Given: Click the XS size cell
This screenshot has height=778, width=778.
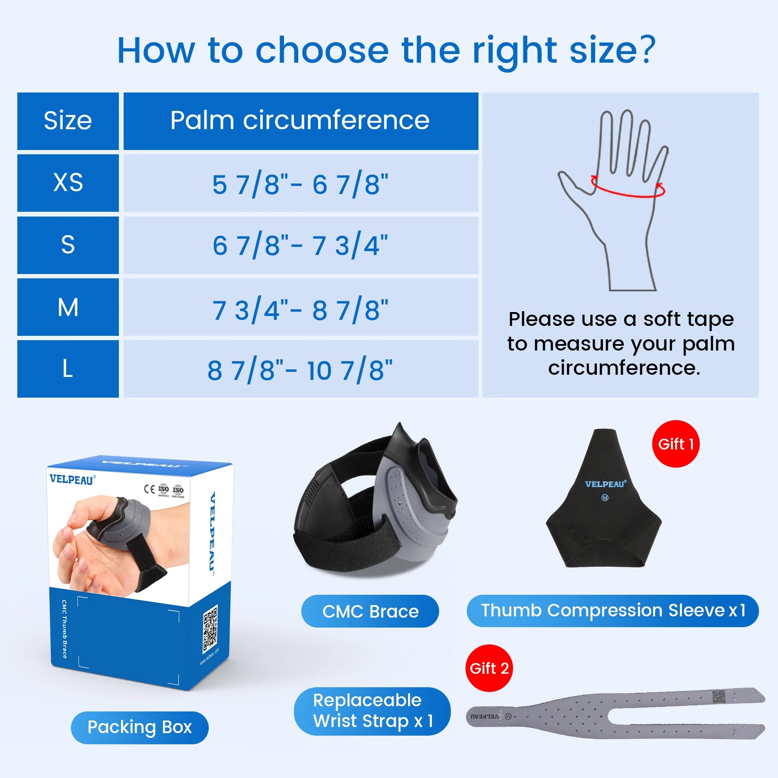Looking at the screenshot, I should (x=68, y=183).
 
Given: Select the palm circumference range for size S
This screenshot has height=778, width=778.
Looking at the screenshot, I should (x=300, y=245).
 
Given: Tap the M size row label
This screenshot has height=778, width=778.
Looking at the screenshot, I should (x=68, y=307).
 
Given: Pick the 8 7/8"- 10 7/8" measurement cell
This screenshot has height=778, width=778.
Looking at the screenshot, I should (x=300, y=369).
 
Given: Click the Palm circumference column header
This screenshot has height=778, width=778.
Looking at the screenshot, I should (x=300, y=121).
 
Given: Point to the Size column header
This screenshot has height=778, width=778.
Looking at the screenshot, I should (x=68, y=121).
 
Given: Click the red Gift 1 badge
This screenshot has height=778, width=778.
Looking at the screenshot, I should (x=676, y=444).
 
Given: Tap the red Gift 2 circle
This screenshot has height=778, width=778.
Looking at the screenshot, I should (x=489, y=668).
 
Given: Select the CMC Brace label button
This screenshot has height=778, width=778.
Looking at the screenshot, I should (x=370, y=611).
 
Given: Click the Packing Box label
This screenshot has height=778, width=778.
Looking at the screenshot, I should (x=140, y=727).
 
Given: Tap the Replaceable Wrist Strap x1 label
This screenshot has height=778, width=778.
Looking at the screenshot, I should (x=372, y=711).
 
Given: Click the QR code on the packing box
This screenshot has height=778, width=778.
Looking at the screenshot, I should (x=210, y=629).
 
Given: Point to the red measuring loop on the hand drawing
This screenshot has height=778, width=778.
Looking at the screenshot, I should (x=628, y=190).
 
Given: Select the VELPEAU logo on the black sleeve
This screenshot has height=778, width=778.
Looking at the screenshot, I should (x=605, y=485).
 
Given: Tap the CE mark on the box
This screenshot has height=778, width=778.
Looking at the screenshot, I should (x=149, y=489).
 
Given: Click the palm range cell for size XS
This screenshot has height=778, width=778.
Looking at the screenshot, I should (x=300, y=184).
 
